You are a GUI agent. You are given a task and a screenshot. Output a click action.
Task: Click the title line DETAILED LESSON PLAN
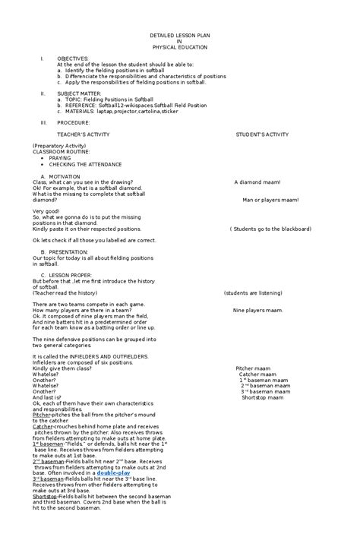click(179, 36)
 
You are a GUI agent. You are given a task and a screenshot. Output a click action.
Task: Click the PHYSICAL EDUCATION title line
click(179, 47)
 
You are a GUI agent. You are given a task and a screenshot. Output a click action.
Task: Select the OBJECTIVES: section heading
click(73, 58)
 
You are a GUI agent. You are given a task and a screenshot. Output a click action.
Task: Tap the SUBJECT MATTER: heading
click(79, 93)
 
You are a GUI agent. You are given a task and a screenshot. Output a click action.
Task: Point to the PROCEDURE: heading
click(74, 122)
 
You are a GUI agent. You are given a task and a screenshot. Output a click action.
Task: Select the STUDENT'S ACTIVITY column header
click(262, 134)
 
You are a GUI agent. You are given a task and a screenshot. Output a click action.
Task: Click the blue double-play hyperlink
click(113, 472)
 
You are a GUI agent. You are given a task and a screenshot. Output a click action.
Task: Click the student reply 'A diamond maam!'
click(257, 182)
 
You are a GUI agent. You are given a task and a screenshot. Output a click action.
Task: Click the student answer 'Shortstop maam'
click(262, 397)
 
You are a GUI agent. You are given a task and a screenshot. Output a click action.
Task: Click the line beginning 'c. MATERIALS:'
click(118, 111)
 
